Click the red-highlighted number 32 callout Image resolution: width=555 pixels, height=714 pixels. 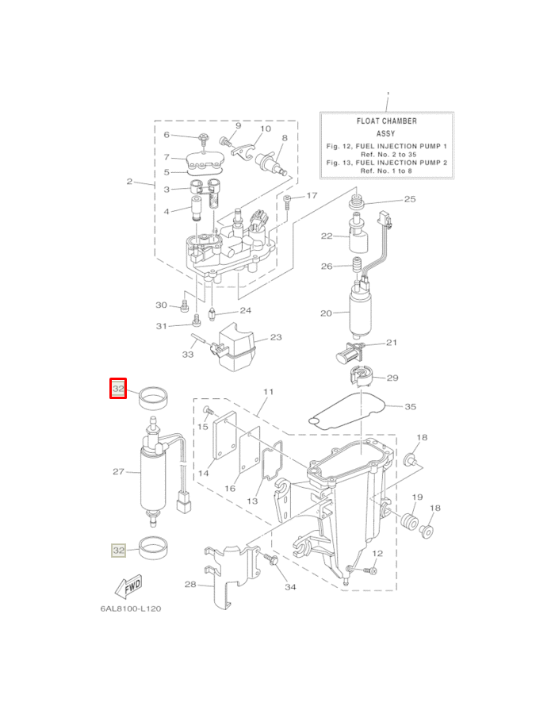pyautogui.click(x=118, y=390)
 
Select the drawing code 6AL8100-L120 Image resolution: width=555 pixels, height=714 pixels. pyautogui.click(x=131, y=608)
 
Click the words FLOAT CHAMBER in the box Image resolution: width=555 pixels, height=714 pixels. pyautogui.click(x=387, y=121)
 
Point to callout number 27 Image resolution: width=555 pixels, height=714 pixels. pyautogui.click(x=119, y=471)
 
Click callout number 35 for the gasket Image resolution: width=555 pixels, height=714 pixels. pyautogui.click(x=410, y=406)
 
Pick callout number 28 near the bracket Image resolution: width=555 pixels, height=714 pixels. pyautogui.click(x=190, y=585)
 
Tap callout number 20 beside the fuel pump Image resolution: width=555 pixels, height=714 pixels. pyautogui.click(x=326, y=313)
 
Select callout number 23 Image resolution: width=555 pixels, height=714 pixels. pyautogui.click(x=275, y=337)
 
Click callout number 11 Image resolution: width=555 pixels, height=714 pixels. pyautogui.click(x=268, y=392)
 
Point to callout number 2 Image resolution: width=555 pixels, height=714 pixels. pyautogui.click(x=129, y=182)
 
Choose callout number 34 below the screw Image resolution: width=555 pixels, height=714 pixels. pyautogui.click(x=290, y=587)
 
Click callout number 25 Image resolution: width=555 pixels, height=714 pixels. pyautogui.click(x=410, y=199)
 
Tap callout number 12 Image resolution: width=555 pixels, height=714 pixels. pyautogui.click(x=377, y=553)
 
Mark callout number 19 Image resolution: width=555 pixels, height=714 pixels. pyautogui.click(x=417, y=497)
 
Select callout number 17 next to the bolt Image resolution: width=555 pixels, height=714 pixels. pyautogui.click(x=312, y=195)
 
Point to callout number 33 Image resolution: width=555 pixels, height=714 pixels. pyautogui.click(x=188, y=355)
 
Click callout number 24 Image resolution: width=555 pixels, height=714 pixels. pyautogui.click(x=245, y=310)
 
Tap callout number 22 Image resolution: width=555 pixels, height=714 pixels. pyautogui.click(x=327, y=236)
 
